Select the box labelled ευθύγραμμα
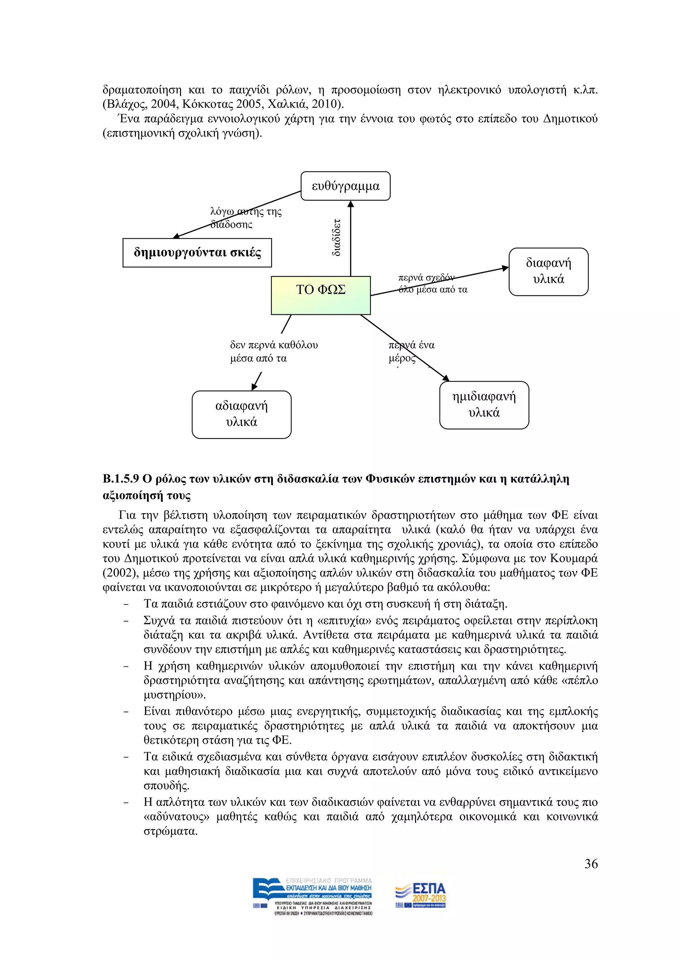345,186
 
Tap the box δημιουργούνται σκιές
197,253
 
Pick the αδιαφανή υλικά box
241,414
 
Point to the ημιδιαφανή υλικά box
484,405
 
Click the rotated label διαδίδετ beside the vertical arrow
336,237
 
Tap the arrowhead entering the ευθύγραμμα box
350,204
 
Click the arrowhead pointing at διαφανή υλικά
505,268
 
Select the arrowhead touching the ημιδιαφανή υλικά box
445,378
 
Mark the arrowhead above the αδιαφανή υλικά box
254,387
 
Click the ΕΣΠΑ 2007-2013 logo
421,896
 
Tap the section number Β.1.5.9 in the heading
120,479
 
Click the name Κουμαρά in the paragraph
574,558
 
